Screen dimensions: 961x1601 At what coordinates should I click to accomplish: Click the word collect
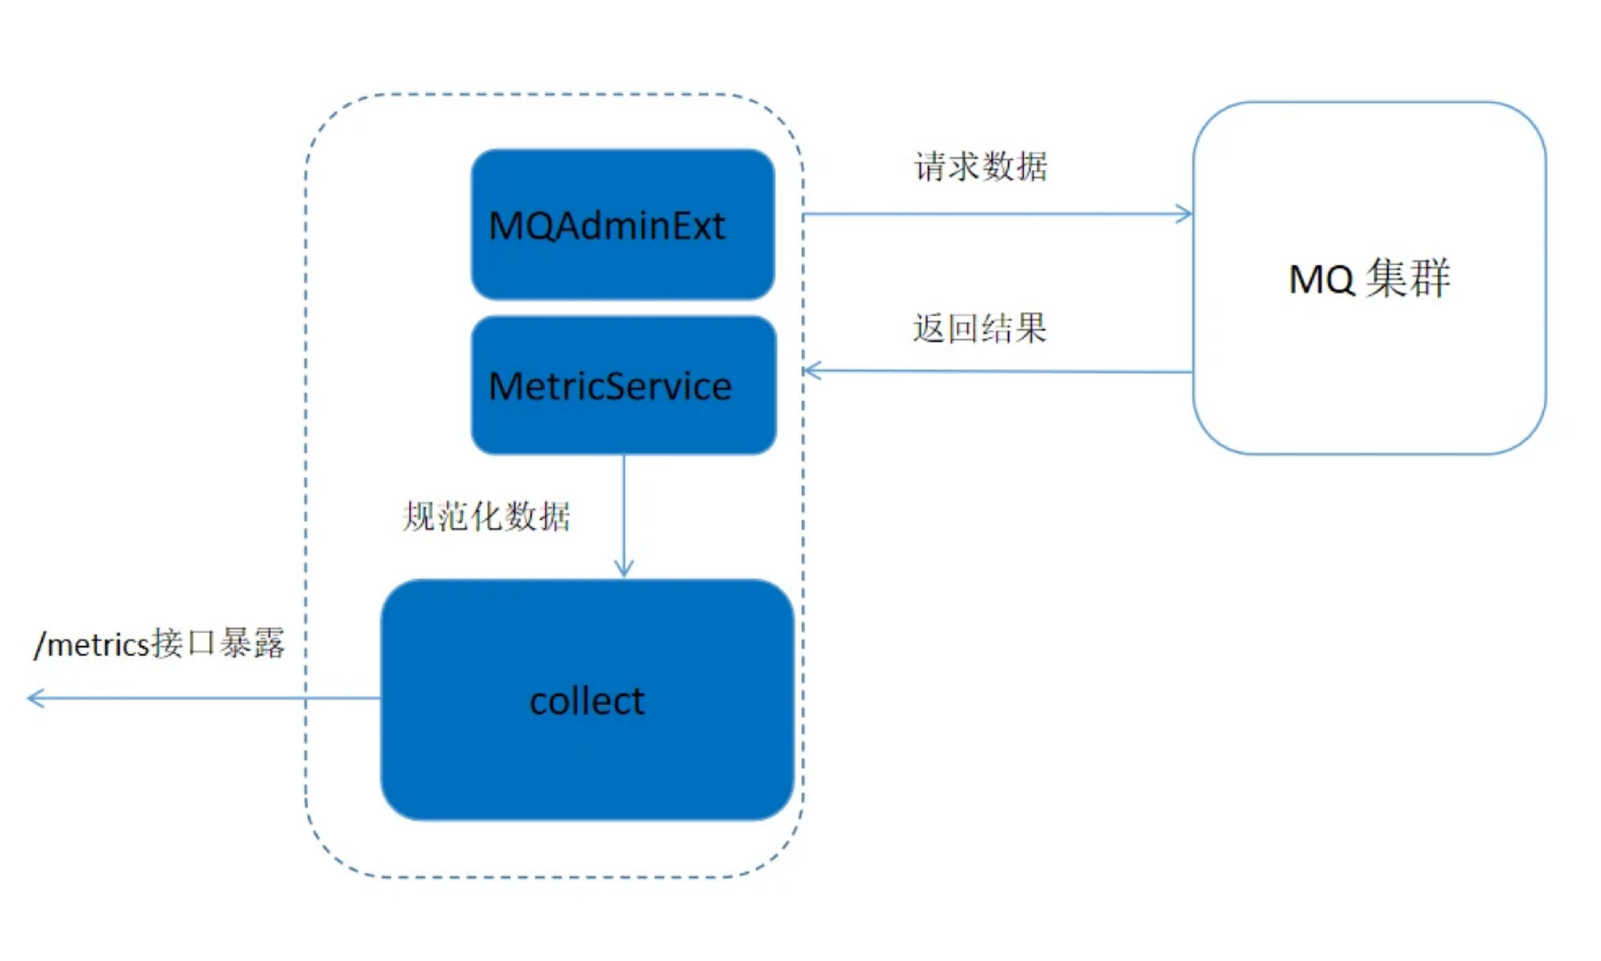click(x=587, y=701)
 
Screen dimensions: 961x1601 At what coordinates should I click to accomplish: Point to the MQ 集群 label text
click(x=1369, y=279)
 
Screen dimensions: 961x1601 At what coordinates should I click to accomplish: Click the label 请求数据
click(x=980, y=166)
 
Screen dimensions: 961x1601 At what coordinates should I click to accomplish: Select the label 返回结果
click(x=979, y=328)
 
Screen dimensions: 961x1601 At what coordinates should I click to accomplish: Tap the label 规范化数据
click(x=486, y=516)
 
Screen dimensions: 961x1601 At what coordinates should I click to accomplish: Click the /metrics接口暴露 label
click(x=159, y=643)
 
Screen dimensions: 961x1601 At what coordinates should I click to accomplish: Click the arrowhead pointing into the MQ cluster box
click(x=1184, y=214)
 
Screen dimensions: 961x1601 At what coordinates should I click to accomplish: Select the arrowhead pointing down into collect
click(x=623, y=568)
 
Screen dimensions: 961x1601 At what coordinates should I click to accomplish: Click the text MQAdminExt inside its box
click(x=606, y=226)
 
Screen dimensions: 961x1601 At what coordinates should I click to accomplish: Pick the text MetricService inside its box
click(x=610, y=386)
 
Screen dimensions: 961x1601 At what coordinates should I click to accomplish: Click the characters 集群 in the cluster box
click(x=1409, y=278)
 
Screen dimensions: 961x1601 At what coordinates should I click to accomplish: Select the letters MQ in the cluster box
click(x=1321, y=279)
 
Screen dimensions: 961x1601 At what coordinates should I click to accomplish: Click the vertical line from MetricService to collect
click(x=623, y=507)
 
